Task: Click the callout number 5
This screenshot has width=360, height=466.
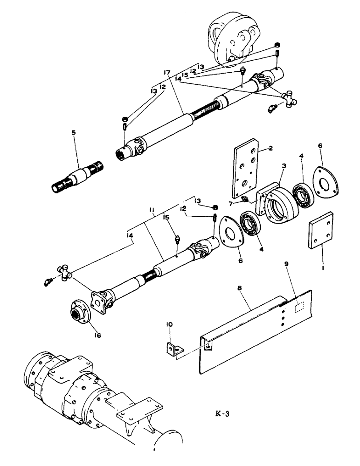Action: (x=73, y=133)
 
